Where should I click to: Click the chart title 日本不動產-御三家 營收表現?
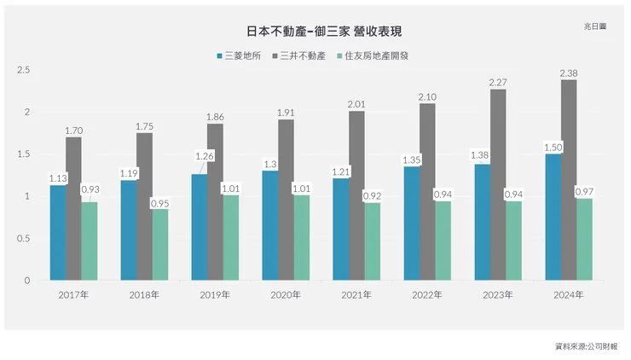[x=324, y=31]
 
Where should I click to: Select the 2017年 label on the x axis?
[x=73, y=294]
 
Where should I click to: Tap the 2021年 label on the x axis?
[x=356, y=294]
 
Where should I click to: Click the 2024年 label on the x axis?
[x=568, y=294]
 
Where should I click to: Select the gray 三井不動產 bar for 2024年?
[x=569, y=180]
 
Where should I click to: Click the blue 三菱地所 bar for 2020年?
[x=270, y=225]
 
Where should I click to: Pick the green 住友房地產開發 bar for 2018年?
[x=160, y=245]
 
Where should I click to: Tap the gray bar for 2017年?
[x=73, y=208]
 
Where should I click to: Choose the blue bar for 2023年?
[x=483, y=222]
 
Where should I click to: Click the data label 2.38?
[x=569, y=73]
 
